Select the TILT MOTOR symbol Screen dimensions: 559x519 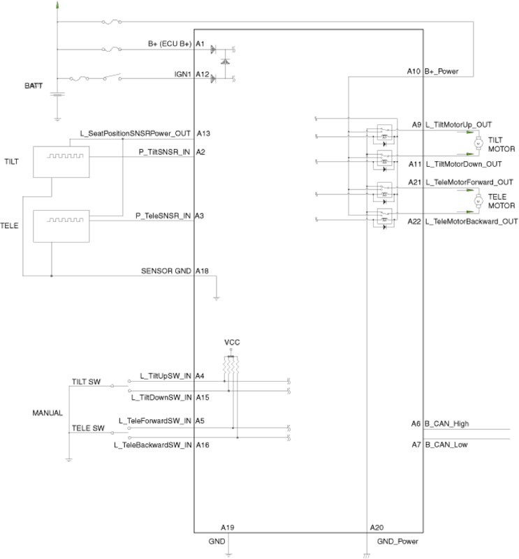(x=478, y=143)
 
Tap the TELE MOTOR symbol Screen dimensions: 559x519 (x=478, y=201)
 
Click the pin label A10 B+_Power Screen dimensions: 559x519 (x=432, y=71)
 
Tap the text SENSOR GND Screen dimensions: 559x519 (x=166, y=270)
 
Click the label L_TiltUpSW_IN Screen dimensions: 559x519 (x=166, y=376)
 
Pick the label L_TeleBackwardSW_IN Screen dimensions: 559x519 (x=153, y=444)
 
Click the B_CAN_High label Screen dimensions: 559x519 (x=446, y=423)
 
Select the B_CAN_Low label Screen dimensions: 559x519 (x=446, y=444)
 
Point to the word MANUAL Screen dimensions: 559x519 (x=47, y=413)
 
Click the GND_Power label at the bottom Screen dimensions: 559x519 (x=397, y=541)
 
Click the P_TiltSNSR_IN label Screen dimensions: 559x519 (x=163, y=151)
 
